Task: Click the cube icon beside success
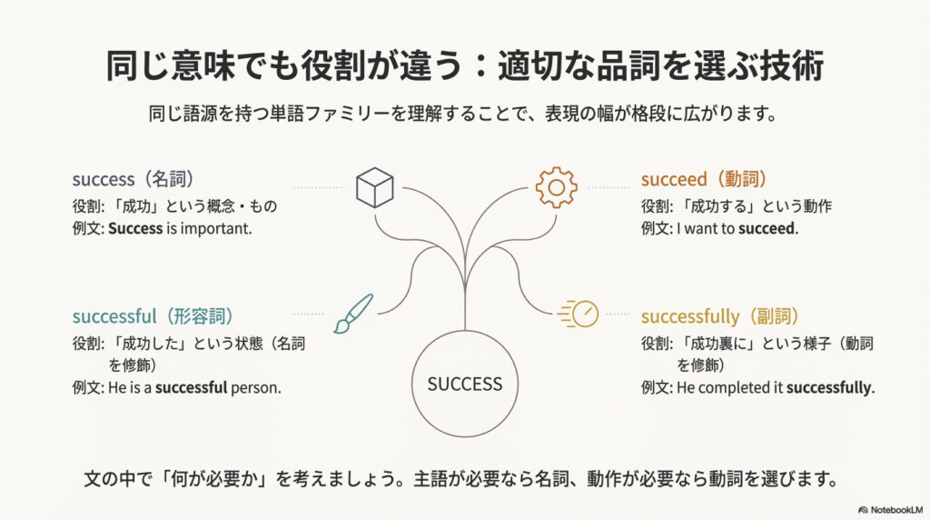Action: coord(375,187)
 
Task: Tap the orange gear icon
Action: coord(557,187)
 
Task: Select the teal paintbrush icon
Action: coord(353,314)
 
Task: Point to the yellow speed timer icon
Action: coord(579,314)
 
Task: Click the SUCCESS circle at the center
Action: coord(465,384)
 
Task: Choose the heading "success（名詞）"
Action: coord(134,179)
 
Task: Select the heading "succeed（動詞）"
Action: coord(704,179)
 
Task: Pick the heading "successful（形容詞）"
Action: coord(153,315)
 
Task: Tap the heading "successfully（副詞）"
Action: coord(720,315)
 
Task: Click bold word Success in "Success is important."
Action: coord(135,228)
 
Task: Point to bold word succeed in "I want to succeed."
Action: coord(767,228)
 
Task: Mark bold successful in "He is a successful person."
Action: coord(191,387)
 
